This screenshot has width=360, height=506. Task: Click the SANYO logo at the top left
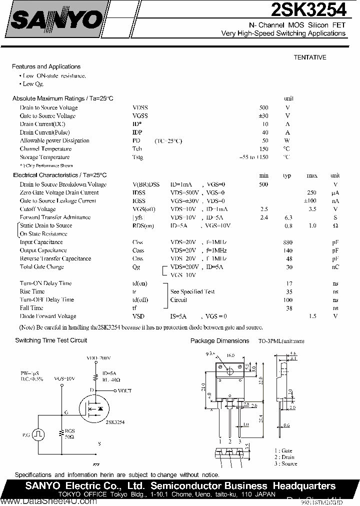55,20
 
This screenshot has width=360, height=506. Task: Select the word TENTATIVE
309,57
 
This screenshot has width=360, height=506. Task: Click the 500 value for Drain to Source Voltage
263,107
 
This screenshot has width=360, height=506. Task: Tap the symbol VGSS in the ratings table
140,116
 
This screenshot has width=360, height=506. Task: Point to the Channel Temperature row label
45,149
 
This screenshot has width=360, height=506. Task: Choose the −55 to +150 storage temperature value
254,157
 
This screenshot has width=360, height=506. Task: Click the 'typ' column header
287,176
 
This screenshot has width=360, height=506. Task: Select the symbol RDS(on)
143,226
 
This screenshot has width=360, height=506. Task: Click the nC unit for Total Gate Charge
335,267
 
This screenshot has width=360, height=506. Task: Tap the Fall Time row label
31,308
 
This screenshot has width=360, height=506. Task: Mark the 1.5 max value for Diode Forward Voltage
312,316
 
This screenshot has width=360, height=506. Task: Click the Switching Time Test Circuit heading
51,340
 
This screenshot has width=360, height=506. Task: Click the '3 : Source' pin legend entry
285,464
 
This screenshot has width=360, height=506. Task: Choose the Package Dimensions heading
219,341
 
